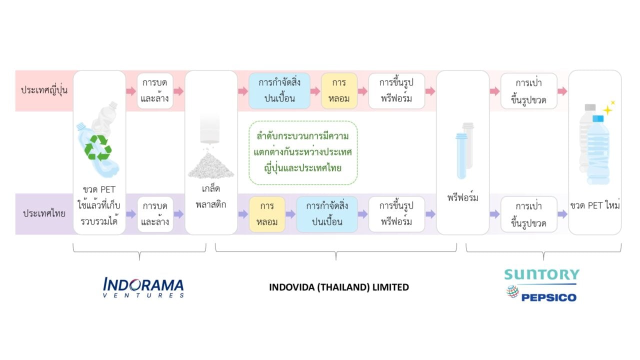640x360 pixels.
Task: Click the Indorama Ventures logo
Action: pyautogui.click(x=143, y=287)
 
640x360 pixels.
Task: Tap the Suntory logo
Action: pyautogui.click(x=541, y=274)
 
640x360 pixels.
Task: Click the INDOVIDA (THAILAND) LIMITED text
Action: pyautogui.click(x=339, y=287)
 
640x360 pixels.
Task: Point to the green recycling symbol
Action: pyautogui.click(x=98, y=147)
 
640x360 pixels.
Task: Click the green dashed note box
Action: pyautogui.click(x=303, y=153)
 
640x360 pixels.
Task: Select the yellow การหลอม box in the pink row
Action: pyautogui.click(x=339, y=91)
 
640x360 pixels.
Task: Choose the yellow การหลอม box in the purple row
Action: pyautogui.click(x=267, y=214)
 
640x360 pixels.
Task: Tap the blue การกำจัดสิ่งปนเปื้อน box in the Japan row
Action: pyautogui.click(x=279, y=91)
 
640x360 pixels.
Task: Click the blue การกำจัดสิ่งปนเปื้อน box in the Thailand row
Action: pyautogui.click(x=327, y=214)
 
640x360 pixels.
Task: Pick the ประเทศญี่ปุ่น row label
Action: pyautogui.click(x=44, y=90)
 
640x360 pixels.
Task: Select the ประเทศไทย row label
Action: pyautogui.click(x=44, y=213)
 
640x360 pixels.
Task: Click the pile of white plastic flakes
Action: pyautogui.click(x=211, y=165)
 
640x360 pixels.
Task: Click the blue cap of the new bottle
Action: pyautogui.click(x=598, y=118)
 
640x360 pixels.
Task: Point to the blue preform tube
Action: pyautogui.click(x=461, y=156)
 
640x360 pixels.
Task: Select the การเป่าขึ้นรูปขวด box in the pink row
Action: pyautogui.click(x=529, y=91)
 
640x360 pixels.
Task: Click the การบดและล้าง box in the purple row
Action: pyautogui.click(x=155, y=214)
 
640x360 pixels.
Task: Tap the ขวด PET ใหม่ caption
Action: pyautogui.click(x=595, y=205)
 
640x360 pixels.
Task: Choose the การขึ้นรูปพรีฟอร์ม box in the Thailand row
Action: pyautogui.click(x=396, y=214)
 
